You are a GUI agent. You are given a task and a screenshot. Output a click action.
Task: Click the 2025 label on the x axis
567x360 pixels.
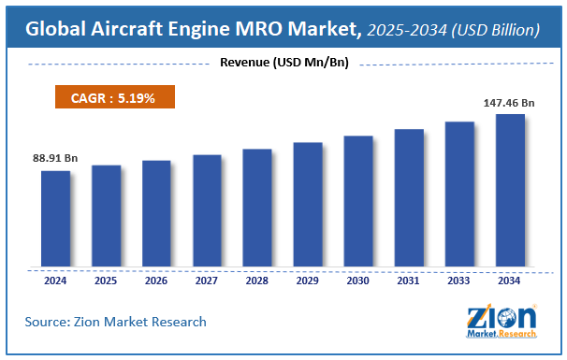(x=106, y=280)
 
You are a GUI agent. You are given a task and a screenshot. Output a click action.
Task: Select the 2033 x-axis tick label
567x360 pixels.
(x=459, y=280)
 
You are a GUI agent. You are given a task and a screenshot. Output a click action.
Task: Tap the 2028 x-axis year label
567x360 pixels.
(x=257, y=280)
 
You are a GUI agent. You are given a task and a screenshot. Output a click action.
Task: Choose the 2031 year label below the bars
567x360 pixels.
(x=409, y=280)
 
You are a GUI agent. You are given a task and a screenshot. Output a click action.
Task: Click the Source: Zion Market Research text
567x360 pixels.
(x=116, y=322)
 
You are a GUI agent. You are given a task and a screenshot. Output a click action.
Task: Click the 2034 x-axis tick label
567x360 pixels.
(x=510, y=280)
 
